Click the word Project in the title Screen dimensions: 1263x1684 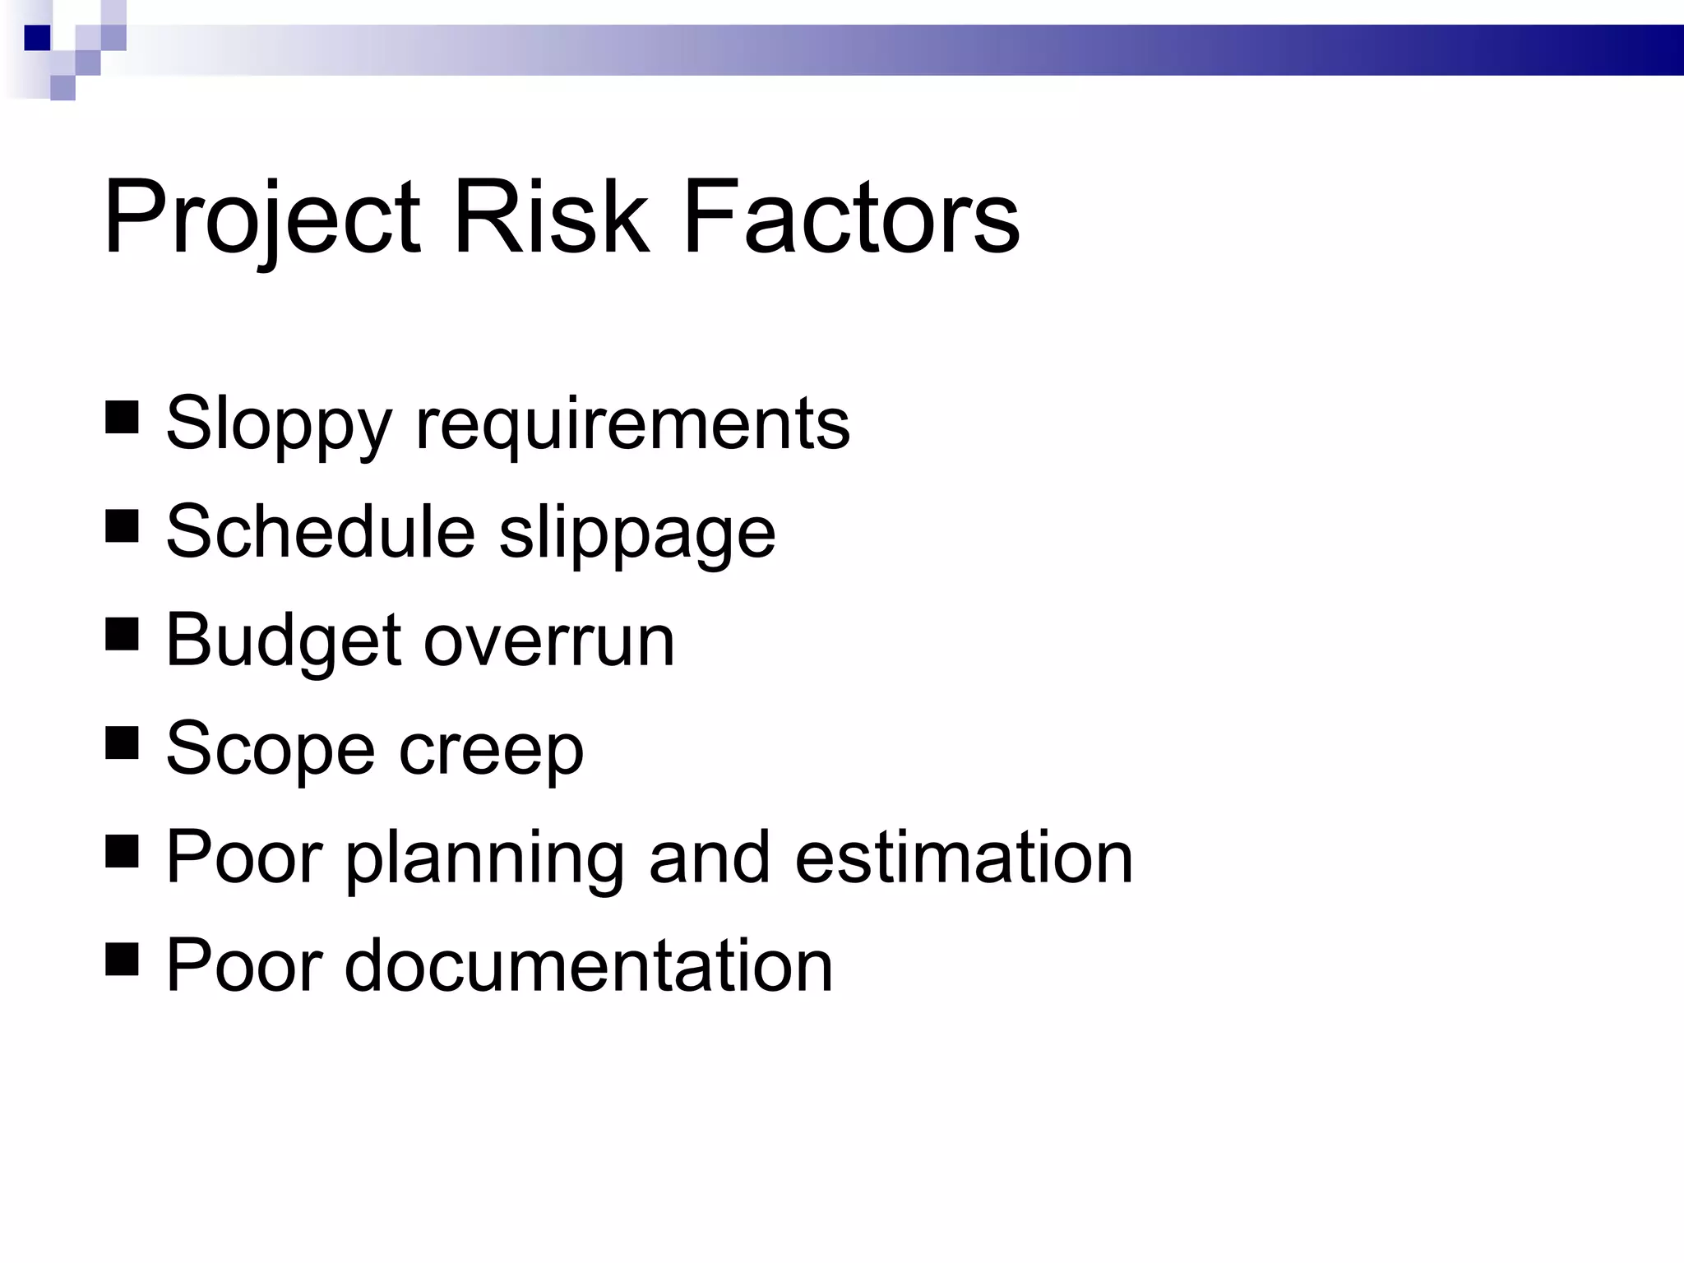point(261,219)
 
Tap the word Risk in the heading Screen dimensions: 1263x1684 point(550,217)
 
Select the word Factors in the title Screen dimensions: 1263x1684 point(851,217)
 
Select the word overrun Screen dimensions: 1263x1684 point(548,641)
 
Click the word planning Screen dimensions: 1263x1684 point(484,858)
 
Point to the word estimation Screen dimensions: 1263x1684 point(964,858)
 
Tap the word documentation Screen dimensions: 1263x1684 point(589,965)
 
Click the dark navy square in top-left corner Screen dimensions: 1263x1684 point(37,38)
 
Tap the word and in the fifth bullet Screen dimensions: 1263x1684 point(710,858)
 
